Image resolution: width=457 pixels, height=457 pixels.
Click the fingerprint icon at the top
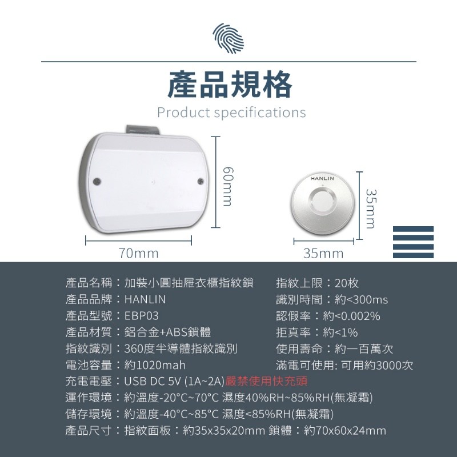pos(228,38)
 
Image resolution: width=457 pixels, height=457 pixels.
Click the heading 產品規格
pos(230,85)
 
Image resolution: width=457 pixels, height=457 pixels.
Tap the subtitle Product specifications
pos(231,113)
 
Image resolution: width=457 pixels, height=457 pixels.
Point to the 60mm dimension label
pos(227,187)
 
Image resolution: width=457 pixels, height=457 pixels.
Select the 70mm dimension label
pos(138,253)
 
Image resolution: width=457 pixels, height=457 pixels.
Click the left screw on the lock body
pos(97,182)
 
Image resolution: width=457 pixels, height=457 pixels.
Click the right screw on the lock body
pos(201,181)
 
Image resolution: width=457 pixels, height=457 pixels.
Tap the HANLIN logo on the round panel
pos(322,178)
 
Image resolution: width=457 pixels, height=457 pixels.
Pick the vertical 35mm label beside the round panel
pos(371,209)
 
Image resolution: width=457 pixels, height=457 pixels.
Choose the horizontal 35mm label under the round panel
pos(323,253)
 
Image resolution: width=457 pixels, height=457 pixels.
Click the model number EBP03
pos(142,316)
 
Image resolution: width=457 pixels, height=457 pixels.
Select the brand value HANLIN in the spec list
pos(145,299)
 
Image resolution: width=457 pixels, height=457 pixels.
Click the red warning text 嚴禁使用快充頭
pos(266,381)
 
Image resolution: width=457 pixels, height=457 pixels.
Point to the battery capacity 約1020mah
pos(155,365)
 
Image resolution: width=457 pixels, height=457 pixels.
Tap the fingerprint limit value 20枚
pos(347,283)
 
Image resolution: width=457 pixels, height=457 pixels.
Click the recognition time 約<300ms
pos(362,299)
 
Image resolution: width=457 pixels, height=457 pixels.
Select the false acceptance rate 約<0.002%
pos(351,316)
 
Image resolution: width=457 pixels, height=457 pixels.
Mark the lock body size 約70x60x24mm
pos(345,431)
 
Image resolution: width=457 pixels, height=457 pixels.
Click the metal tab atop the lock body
pos(143,130)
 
